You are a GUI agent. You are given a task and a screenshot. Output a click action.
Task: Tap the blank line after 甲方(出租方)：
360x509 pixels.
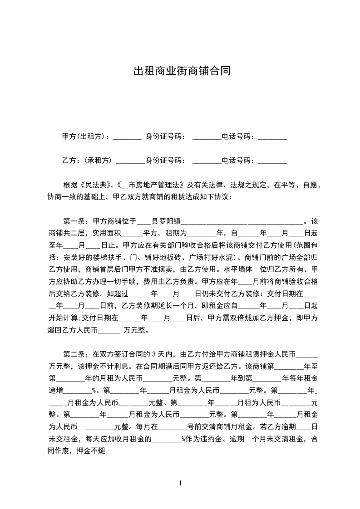(x=127, y=137)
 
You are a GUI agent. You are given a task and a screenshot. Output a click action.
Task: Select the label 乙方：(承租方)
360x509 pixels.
(x=87, y=160)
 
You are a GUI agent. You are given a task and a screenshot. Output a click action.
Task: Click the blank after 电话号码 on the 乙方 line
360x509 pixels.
(x=272, y=161)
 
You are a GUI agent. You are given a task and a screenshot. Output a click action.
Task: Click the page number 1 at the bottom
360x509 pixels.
(x=180, y=483)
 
